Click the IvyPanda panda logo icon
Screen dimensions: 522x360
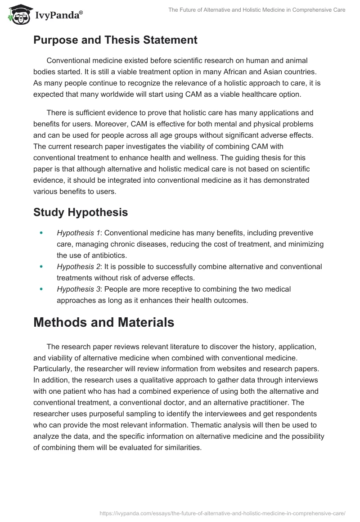(x=18, y=14)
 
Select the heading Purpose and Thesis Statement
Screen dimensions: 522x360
(x=115, y=40)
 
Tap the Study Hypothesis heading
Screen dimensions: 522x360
(x=81, y=212)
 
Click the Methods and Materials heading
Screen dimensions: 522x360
(x=103, y=322)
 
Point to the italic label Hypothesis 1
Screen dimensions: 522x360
(x=78, y=233)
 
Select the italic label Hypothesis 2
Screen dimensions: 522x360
(x=78, y=267)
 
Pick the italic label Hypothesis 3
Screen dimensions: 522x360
(x=78, y=289)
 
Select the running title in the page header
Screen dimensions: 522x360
(x=256, y=10)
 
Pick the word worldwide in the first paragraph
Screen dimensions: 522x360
(x=124, y=94)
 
